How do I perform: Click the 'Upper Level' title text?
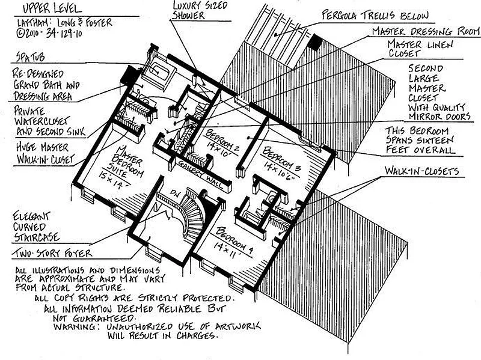click(x=45, y=10)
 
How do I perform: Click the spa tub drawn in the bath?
click(x=161, y=68)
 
